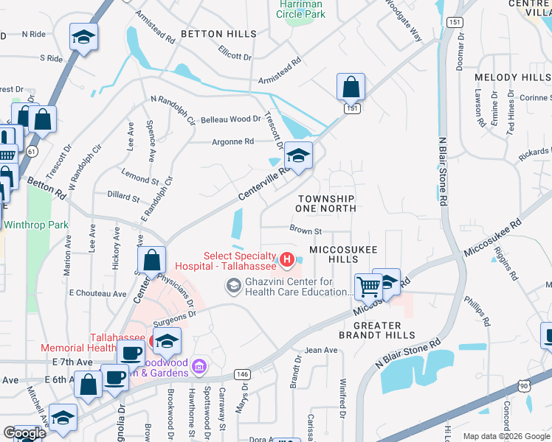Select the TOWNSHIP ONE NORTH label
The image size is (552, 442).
click(x=326, y=204)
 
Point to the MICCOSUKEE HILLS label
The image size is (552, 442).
click(x=334, y=255)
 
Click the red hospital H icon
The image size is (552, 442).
click(x=286, y=259)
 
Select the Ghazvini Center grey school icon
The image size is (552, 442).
click(x=234, y=285)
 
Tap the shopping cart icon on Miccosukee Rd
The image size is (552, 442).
click(x=368, y=286)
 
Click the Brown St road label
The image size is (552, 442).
click(x=306, y=231)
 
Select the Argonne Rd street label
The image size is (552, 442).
click(x=232, y=141)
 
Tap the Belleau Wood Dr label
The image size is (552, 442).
click(x=231, y=119)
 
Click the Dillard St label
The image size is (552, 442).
click(x=123, y=197)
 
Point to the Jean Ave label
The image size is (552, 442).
click(x=320, y=351)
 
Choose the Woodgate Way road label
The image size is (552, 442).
click(x=405, y=23)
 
